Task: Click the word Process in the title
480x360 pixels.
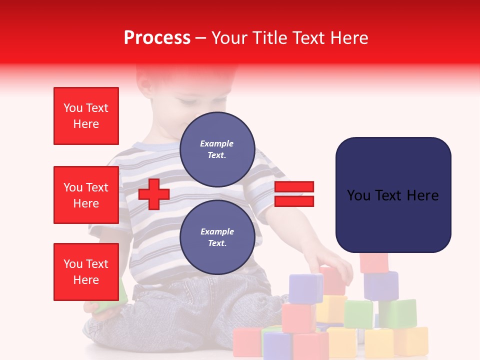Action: point(157,38)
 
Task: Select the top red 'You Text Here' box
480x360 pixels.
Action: point(86,116)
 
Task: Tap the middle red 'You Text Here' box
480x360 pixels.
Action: point(86,195)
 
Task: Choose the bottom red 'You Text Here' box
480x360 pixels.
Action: point(86,272)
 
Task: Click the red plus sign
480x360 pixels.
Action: point(154,194)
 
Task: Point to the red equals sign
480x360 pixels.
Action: point(294,194)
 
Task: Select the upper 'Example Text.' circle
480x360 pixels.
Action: point(217,149)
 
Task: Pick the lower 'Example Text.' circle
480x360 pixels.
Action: point(217,237)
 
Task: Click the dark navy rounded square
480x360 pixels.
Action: point(393,195)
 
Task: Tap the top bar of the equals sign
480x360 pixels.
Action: point(294,187)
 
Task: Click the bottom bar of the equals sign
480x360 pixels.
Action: point(294,201)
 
